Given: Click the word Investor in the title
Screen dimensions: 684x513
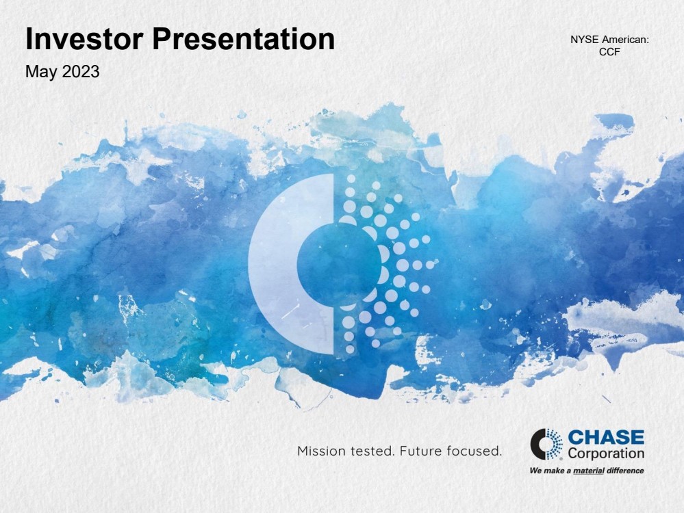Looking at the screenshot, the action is (84, 39).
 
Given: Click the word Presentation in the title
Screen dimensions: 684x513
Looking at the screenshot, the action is (244, 39).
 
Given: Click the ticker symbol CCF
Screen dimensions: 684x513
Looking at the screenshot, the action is (609, 51).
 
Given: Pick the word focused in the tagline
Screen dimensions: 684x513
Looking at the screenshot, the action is (468, 451).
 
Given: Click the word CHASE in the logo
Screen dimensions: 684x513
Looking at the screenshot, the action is (606, 437).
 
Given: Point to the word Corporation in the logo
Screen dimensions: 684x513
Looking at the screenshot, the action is (606, 453).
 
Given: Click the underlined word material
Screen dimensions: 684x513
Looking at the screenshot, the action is (588, 471).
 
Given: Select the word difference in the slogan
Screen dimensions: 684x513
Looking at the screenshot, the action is (625, 471).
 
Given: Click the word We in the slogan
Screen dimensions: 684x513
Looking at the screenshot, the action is (535, 471).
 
